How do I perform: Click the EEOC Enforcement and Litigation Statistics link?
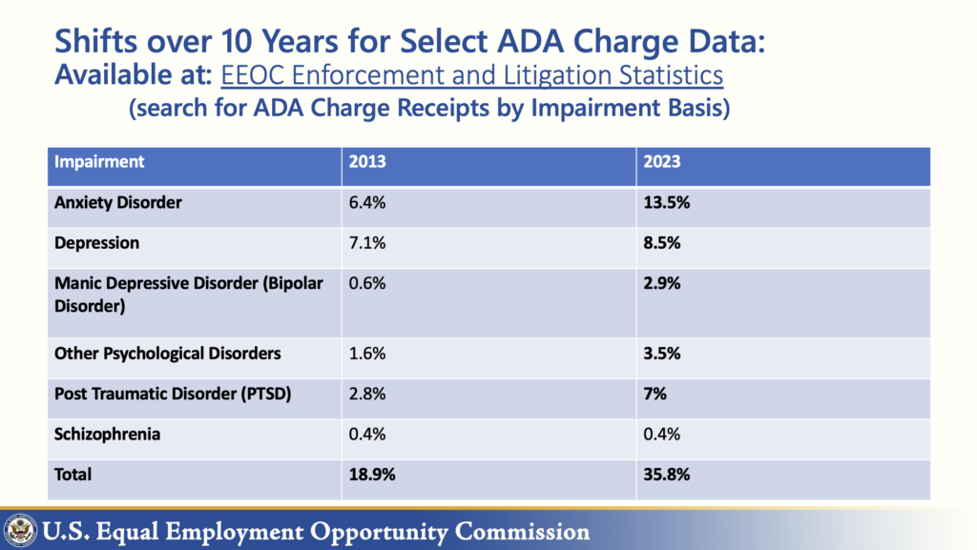tap(472, 74)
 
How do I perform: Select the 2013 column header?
tap(367, 162)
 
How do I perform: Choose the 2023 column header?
tap(662, 162)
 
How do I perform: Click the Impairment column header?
tap(99, 162)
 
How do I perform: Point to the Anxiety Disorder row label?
tap(118, 203)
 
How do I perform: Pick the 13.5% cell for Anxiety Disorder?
tap(666, 203)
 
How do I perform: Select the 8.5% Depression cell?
tap(662, 243)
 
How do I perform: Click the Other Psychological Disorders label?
tap(168, 354)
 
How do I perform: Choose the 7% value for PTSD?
tap(656, 394)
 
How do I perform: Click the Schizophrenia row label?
tap(107, 435)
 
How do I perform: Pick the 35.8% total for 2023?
tap(666, 474)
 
